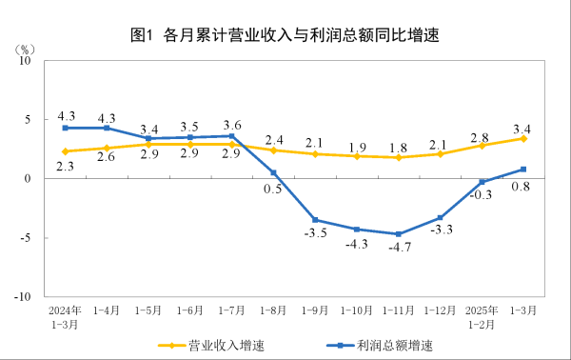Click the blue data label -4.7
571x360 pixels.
coord(398,250)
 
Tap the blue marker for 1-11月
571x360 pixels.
coord(398,234)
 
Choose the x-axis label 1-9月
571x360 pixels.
coord(315,310)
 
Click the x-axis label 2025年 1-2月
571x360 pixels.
coord(482,316)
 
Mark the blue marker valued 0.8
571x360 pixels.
coord(523,170)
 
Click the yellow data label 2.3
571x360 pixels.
coord(66,167)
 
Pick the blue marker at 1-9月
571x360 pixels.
coord(315,220)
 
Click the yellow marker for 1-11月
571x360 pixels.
coord(398,157)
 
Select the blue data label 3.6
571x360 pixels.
coord(231,124)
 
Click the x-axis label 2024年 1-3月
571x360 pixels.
coord(65,316)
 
